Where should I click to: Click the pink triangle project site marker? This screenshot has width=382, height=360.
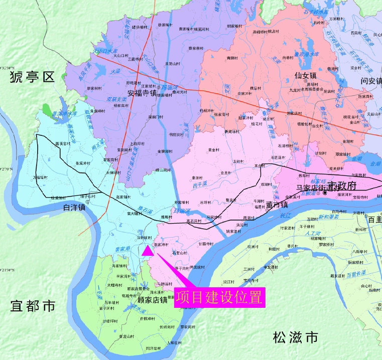147,251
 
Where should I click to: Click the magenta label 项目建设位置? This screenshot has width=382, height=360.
219,297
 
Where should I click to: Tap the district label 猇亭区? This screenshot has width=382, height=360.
31,77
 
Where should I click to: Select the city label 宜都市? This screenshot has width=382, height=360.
33,305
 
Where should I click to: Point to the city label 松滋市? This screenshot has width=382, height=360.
295,337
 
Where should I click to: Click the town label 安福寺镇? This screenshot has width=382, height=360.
142,93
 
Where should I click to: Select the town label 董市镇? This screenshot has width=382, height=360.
277,205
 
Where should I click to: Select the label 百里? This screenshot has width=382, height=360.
374,219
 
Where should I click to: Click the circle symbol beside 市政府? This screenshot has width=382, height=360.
325,192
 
